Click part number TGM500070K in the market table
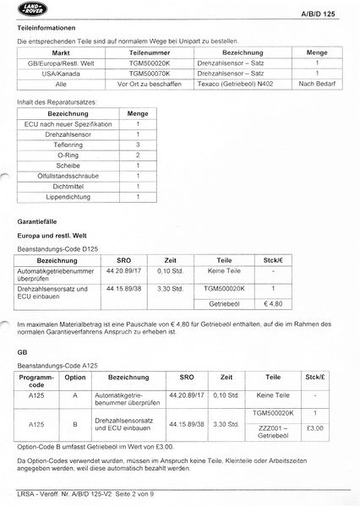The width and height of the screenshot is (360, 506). pyautogui.click(x=139, y=73)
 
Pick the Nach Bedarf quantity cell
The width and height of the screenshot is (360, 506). pyautogui.click(x=317, y=84)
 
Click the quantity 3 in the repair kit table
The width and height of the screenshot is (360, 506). pyautogui.click(x=136, y=145)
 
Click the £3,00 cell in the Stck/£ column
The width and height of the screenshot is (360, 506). pyautogui.click(x=314, y=428)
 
